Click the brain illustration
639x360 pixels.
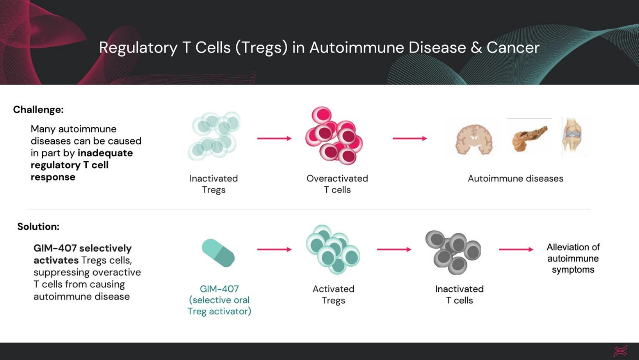[474, 140]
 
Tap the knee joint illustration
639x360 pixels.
[572, 136]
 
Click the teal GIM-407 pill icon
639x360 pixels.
[218, 253]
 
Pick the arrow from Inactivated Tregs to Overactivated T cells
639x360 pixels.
[274, 139]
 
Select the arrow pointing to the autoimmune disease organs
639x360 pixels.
[410, 139]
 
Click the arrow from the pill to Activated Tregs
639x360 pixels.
[274, 250]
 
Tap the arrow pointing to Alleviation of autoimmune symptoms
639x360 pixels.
[516, 250]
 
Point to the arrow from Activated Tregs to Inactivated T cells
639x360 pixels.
[394, 250]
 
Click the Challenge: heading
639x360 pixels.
[38, 110]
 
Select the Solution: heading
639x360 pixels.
[38, 227]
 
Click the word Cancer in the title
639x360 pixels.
[513, 48]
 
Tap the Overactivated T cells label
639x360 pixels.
[337, 184]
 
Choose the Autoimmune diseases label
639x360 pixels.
[515, 178]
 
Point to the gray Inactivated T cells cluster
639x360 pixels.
[453, 252]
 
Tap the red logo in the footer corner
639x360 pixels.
[620, 351]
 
